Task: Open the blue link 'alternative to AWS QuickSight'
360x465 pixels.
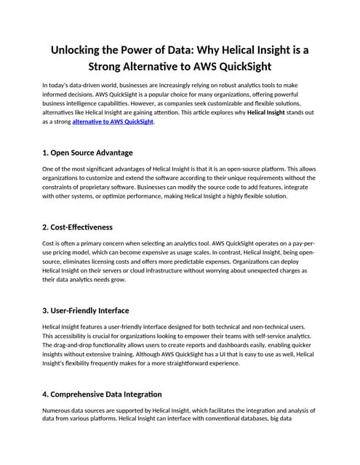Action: [x=113, y=121]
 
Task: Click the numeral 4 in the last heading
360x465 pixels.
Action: [x=46, y=394]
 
